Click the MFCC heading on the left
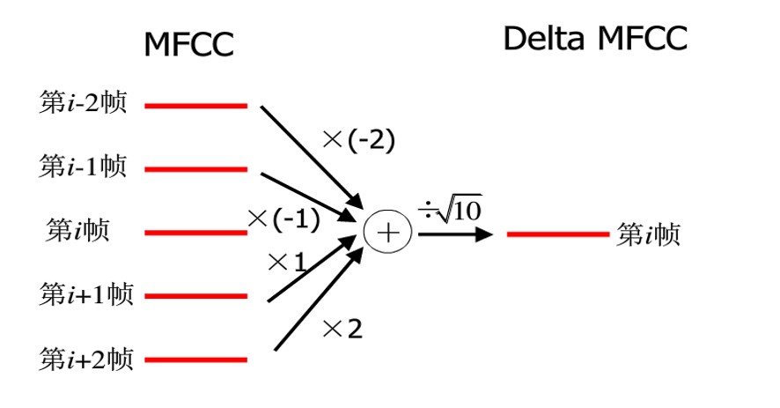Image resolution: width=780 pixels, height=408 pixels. pos(189,45)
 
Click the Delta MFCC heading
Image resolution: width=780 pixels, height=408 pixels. pos(595,39)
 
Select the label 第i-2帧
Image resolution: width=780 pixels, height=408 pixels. pos(84,104)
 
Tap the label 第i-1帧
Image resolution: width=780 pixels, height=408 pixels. pos(84,167)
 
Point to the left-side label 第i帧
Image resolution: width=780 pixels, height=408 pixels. pos(77,232)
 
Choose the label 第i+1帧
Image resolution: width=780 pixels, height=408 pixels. pos(86,295)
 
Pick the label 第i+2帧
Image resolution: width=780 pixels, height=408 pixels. pos(86,359)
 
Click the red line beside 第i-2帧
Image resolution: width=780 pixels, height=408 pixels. pos(195,107)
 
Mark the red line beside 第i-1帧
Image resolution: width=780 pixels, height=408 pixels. pos(195,169)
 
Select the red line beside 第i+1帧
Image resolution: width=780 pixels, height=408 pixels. pos(195,296)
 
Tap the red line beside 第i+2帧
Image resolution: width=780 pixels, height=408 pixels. pos(195,360)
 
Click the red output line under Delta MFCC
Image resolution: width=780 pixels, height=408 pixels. pos(557,234)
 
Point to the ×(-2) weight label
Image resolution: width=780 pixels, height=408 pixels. pos(358,139)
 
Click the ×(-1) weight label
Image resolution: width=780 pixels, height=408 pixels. pos(283,218)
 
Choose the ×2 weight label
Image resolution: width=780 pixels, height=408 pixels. pos(342,330)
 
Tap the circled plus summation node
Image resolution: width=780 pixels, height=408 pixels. pos(387,233)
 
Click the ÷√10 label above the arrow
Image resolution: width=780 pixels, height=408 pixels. pos(452,211)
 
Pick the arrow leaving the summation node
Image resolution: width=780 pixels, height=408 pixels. pos(454,235)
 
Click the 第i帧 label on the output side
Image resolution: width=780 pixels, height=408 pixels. pos(649,235)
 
